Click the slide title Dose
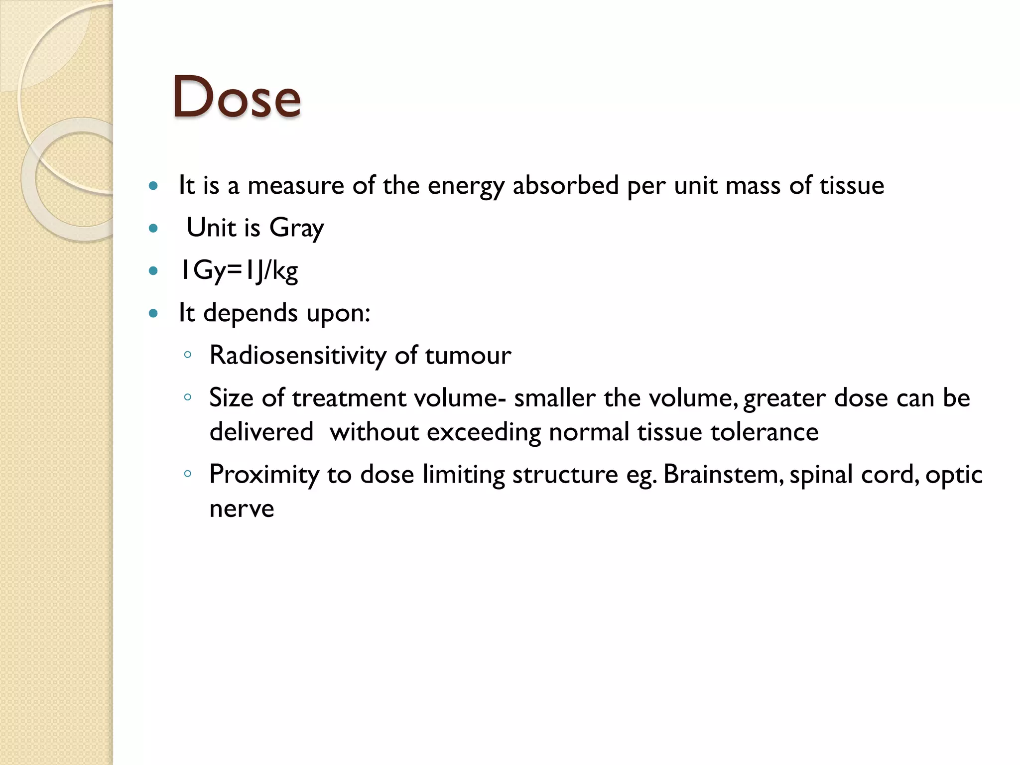pyautogui.click(x=237, y=97)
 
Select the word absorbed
pyautogui.click(x=565, y=185)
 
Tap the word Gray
pyautogui.click(x=296, y=229)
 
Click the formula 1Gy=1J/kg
pyautogui.click(x=239, y=271)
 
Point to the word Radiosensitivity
pyautogui.click(x=298, y=356)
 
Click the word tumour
pyautogui.click(x=468, y=356)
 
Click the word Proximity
pyautogui.click(x=264, y=475)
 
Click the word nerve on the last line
pyautogui.click(x=242, y=509)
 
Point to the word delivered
pyautogui.click(x=261, y=432)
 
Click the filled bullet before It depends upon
pyautogui.click(x=153, y=314)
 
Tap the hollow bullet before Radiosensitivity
pyautogui.click(x=188, y=355)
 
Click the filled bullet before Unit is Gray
pyautogui.click(x=153, y=229)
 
